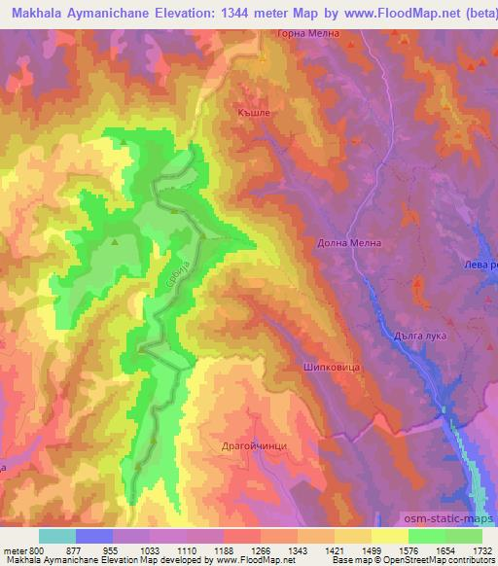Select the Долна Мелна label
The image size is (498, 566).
click(x=348, y=243)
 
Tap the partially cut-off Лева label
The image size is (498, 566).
click(x=480, y=264)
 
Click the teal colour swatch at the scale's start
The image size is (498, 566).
click(x=56, y=536)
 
